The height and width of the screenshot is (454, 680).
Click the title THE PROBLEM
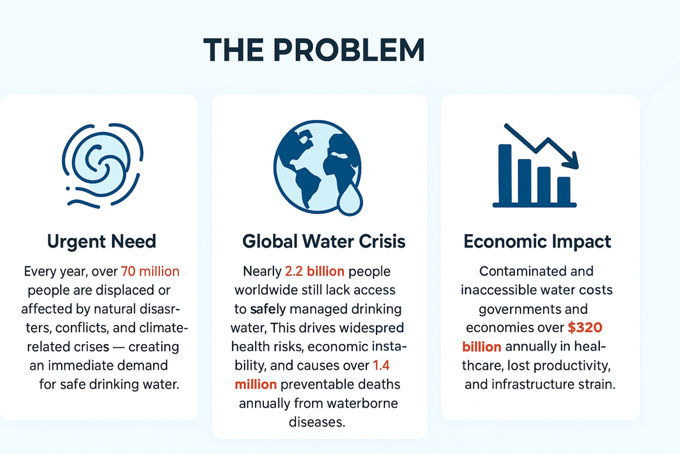[x=314, y=50]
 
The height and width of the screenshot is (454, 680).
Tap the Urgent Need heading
[x=102, y=242]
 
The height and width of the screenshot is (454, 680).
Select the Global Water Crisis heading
[x=324, y=241]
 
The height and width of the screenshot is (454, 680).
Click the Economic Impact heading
[x=537, y=242]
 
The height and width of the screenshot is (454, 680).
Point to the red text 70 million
[x=150, y=271]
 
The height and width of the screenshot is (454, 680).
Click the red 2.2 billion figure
[x=315, y=271]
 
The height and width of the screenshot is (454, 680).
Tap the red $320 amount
[x=585, y=328]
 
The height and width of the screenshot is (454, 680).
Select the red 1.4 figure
[x=381, y=365]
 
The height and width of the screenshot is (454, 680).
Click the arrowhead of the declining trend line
[x=571, y=160]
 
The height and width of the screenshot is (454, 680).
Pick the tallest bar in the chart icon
[x=505, y=174]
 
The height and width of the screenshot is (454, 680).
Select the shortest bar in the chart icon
[x=564, y=190]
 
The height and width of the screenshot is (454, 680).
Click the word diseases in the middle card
[x=317, y=422]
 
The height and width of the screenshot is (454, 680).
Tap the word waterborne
[x=362, y=403]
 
